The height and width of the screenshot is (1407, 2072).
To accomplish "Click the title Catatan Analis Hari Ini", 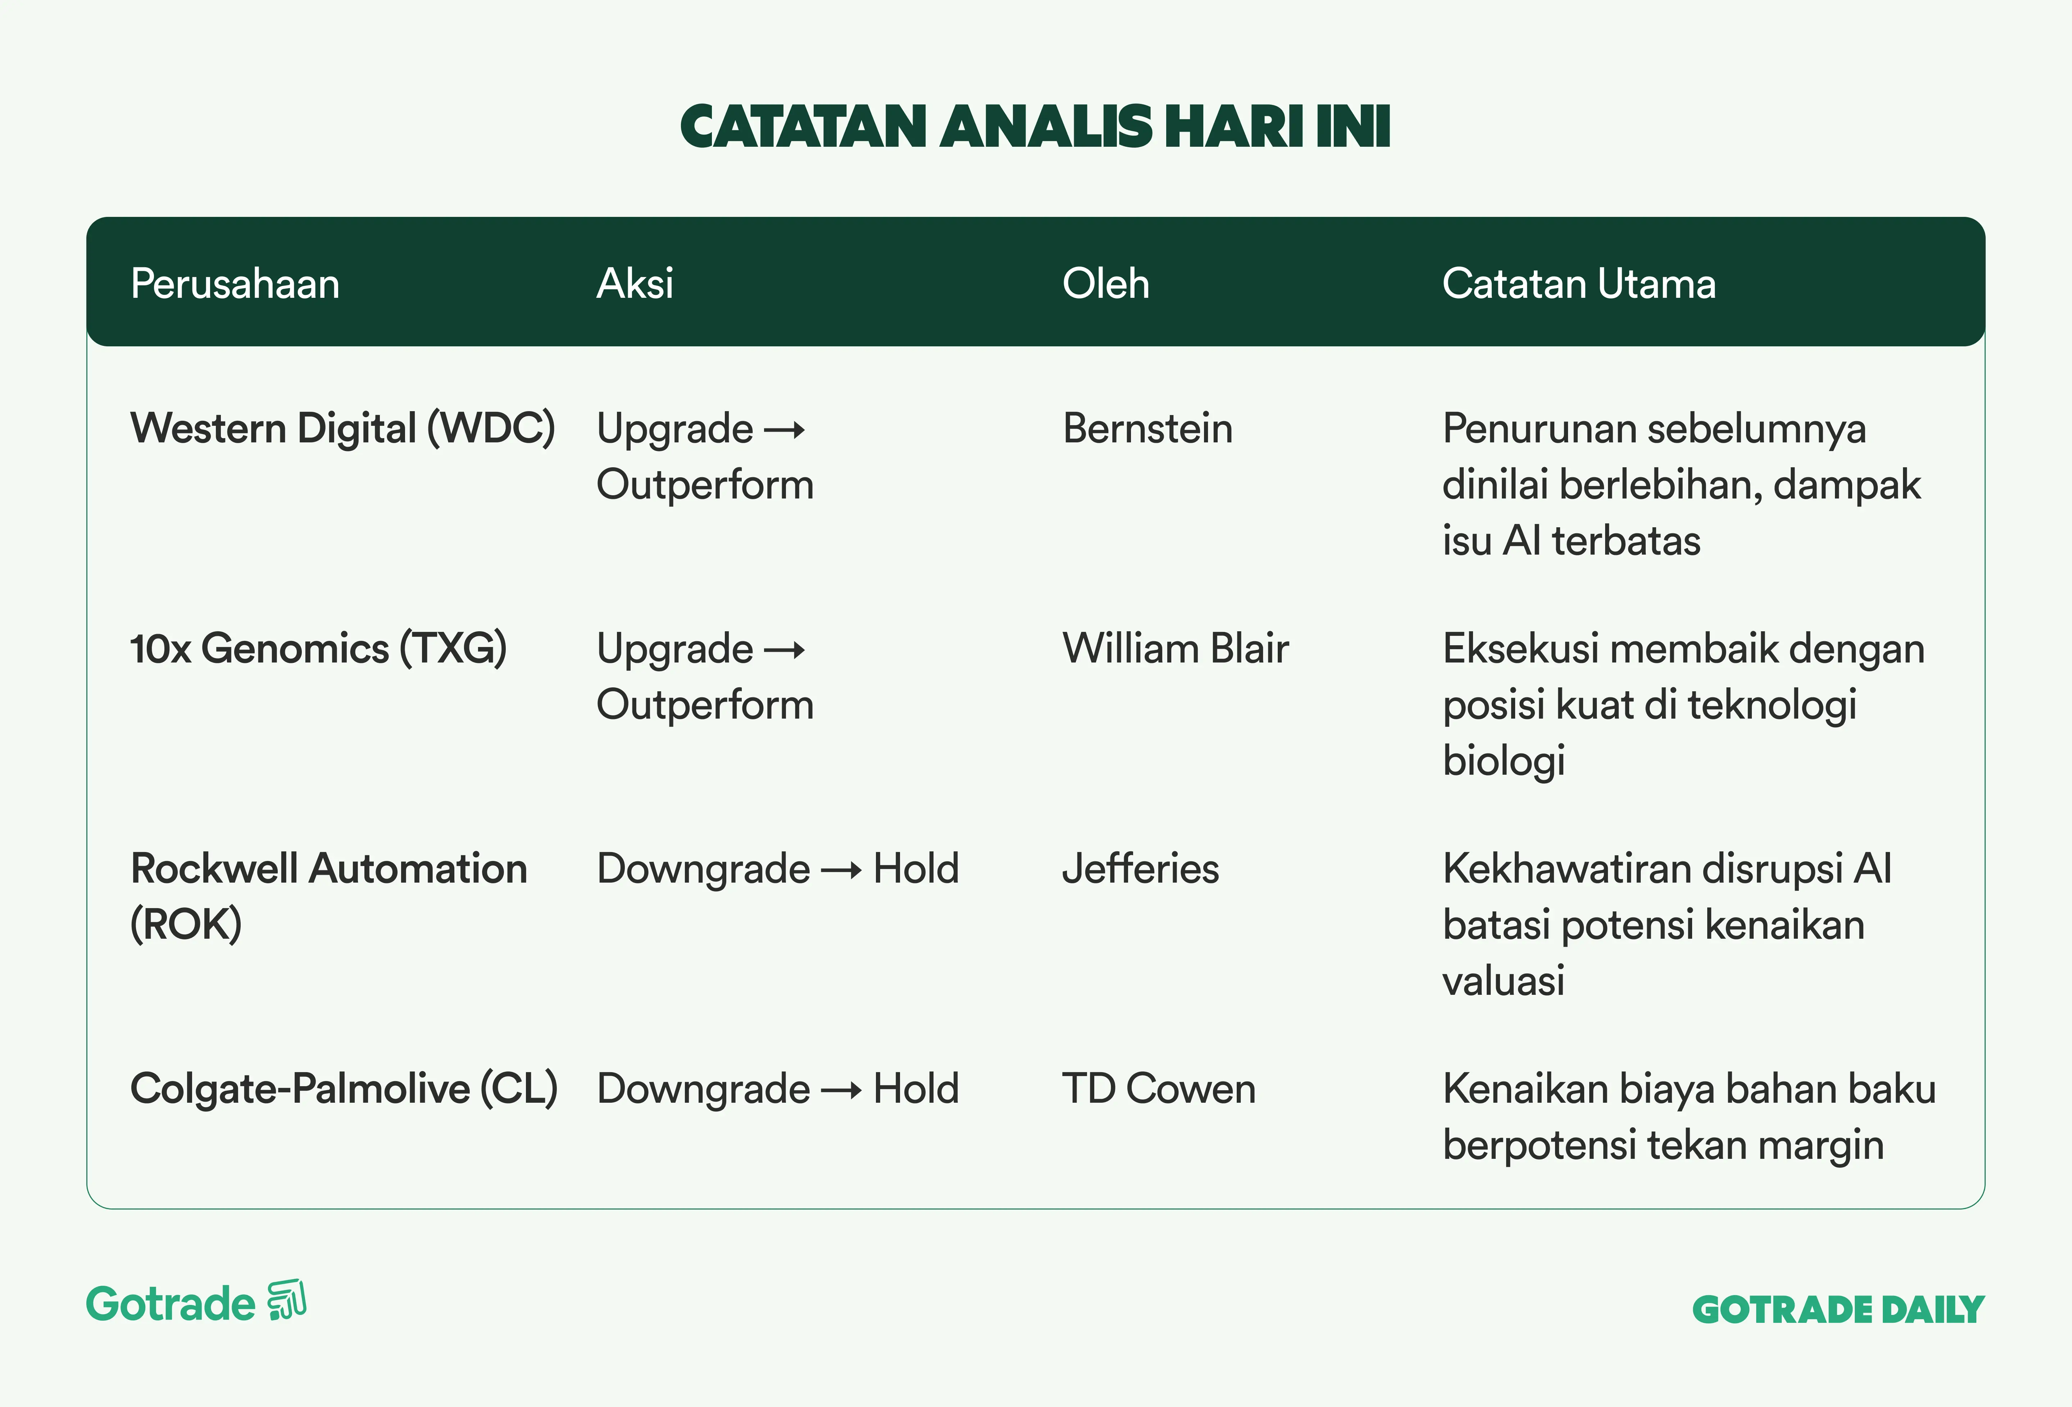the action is tap(1035, 127).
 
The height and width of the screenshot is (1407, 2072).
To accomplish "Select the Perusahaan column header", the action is tap(235, 283).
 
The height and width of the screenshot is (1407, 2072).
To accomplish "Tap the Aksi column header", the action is tap(635, 283).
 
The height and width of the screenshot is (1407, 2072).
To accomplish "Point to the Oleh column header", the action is tap(1105, 283).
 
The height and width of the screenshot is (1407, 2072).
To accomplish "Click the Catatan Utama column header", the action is tap(1579, 283).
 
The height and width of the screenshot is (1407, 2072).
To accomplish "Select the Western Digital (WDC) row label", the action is tap(343, 428).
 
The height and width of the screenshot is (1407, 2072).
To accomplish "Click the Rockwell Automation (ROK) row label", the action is tap(329, 896).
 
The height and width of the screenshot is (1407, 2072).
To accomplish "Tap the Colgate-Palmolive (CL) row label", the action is tap(344, 1089).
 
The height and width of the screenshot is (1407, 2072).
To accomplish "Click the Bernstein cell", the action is tap(1148, 428).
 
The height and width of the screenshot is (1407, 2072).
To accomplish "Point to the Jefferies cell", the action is tap(1140, 869).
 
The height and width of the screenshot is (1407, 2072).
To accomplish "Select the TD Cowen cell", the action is tap(1159, 1089).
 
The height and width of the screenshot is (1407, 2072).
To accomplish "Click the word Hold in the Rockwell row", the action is tap(915, 869).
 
